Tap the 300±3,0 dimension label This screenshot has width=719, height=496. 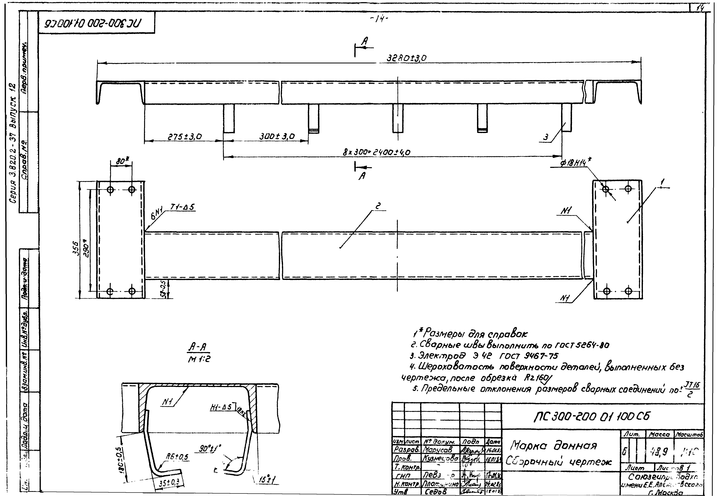click(277, 136)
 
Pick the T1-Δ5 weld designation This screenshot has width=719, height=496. click(183, 207)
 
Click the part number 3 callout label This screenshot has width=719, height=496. click(546, 137)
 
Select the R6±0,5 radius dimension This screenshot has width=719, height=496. click(177, 457)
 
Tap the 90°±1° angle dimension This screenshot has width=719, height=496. click(210, 448)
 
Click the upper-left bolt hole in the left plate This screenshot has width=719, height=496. click(110, 190)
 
